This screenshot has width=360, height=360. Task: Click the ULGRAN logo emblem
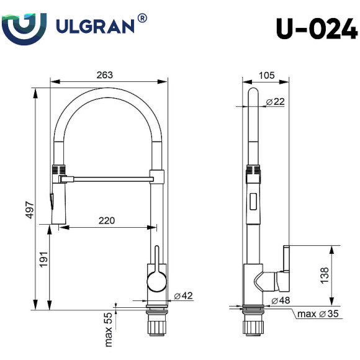24,25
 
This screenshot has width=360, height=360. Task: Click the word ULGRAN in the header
93,25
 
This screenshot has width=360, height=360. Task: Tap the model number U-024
317,28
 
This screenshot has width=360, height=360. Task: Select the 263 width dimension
105,75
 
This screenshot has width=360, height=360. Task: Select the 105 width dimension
266,75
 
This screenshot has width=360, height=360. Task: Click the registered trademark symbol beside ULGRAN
143,19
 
